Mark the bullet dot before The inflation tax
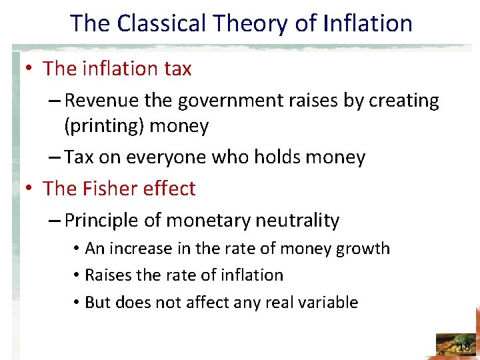[29, 69]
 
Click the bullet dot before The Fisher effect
[29, 189]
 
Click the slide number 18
[464, 347]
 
